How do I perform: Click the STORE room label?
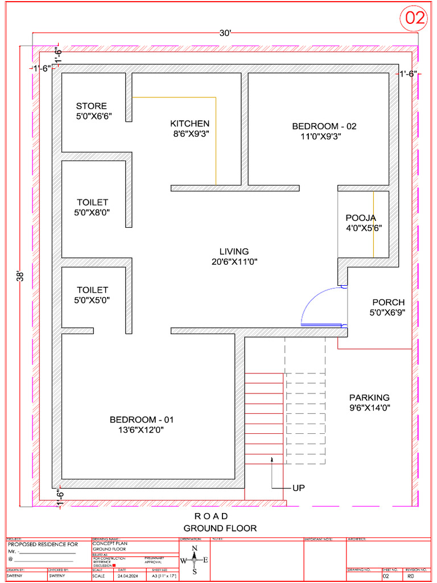click(91, 106)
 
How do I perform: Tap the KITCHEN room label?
click(189, 124)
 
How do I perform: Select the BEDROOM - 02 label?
click(324, 126)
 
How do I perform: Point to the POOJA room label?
click(361, 218)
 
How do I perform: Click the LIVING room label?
click(234, 252)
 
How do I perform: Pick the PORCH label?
click(388, 302)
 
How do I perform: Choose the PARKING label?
click(369, 397)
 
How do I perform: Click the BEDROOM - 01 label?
click(141, 420)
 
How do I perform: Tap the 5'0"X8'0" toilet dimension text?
click(92, 212)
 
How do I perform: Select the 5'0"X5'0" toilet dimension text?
click(92, 300)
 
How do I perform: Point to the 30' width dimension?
click(225, 33)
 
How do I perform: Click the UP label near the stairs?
click(299, 488)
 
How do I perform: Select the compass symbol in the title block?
click(194, 560)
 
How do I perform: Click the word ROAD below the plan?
click(211, 516)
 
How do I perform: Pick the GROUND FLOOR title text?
click(220, 528)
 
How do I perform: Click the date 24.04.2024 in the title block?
click(130, 576)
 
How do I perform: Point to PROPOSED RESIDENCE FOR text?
click(43, 545)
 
